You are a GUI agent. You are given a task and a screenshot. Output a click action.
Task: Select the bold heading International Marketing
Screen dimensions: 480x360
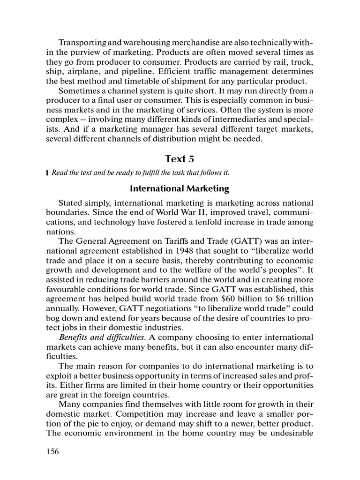[x=180, y=189]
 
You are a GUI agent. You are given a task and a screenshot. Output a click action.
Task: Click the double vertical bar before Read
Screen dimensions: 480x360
[x=47, y=173]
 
